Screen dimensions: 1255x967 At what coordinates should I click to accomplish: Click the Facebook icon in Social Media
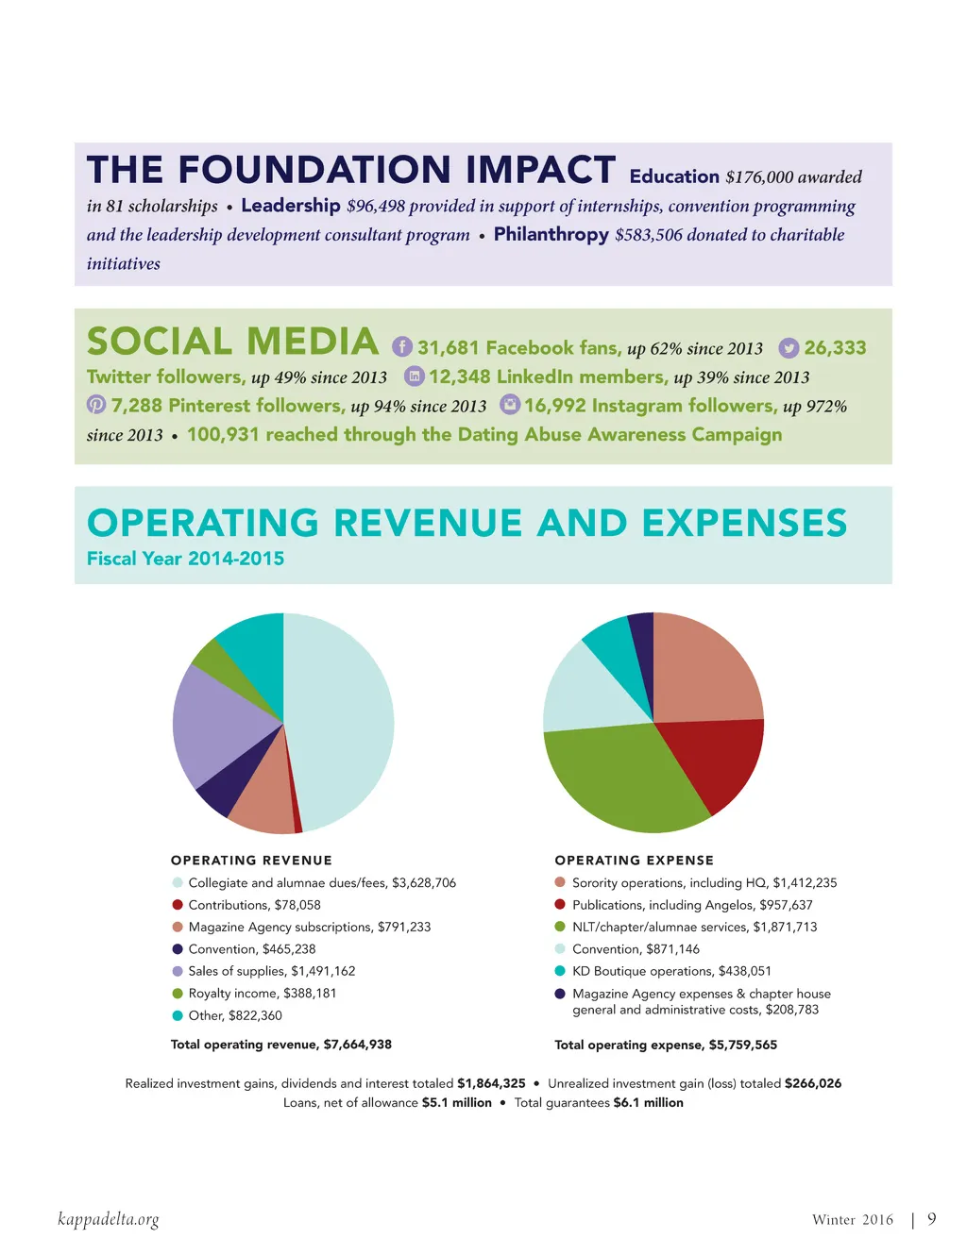402,346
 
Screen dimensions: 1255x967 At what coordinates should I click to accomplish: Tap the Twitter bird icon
789,348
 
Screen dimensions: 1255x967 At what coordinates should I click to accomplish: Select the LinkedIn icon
415,376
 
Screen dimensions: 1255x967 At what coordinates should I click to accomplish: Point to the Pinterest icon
96,405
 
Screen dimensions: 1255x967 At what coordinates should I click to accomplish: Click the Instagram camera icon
510,405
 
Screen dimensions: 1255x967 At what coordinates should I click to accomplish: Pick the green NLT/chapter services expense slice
623,778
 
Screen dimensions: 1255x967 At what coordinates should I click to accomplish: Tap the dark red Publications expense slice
713,760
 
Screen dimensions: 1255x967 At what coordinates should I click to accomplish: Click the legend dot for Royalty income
178,994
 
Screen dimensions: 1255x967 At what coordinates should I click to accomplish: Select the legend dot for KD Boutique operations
560,971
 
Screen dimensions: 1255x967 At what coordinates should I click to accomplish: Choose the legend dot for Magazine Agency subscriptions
178,928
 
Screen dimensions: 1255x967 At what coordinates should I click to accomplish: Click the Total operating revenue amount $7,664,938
357,1045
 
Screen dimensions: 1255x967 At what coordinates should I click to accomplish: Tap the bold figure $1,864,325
491,1083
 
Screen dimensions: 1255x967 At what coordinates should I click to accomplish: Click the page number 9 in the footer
932,1219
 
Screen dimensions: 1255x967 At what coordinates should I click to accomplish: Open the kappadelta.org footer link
109,1219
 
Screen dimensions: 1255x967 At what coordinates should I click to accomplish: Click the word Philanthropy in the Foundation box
551,234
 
